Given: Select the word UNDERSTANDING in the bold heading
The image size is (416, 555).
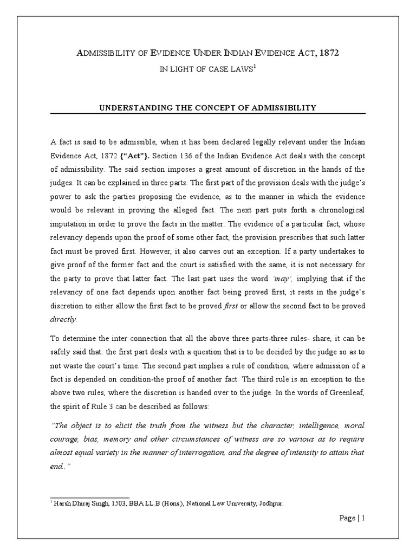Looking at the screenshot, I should pyautogui.click(x=131, y=108).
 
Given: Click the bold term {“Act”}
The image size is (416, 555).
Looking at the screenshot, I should pyautogui.click(x=123, y=153).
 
